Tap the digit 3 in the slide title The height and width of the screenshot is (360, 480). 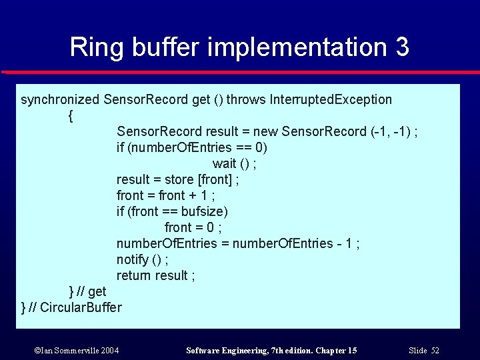(x=401, y=47)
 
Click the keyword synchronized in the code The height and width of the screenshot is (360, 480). (x=61, y=100)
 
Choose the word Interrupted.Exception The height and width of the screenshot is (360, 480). (x=331, y=100)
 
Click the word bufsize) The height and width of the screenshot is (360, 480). (x=205, y=211)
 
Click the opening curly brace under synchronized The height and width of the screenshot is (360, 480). (x=71, y=116)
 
